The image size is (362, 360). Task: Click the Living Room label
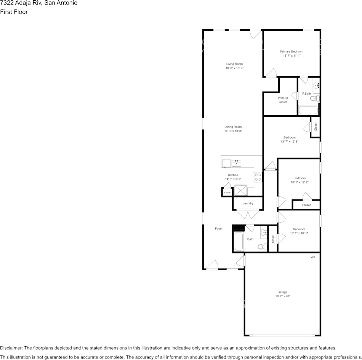tap(234, 64)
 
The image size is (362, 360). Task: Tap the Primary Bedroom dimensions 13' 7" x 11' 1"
tap(292, 56)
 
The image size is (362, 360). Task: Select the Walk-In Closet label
tap(283, 100)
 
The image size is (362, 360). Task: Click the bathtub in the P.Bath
tap(308, 110)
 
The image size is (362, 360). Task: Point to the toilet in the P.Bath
tap(314, 99)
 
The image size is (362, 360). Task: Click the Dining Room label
tap(233, 127)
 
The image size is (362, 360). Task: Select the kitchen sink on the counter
tap(236, 163)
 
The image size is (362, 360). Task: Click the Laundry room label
tap(248, 203)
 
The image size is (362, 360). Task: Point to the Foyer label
tap(219, 229)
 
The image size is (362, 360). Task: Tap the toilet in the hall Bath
tap(261, 247)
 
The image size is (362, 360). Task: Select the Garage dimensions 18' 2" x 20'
tap(282, 296)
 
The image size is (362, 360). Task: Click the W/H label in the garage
tap(314, 257)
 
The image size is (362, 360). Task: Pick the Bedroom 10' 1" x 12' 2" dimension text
tap(300, 182)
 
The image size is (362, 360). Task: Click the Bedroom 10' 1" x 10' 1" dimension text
tap(299, 233)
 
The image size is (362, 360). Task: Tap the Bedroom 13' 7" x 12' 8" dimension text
tap(289, 142)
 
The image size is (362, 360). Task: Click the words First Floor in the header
tap(14, 12)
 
